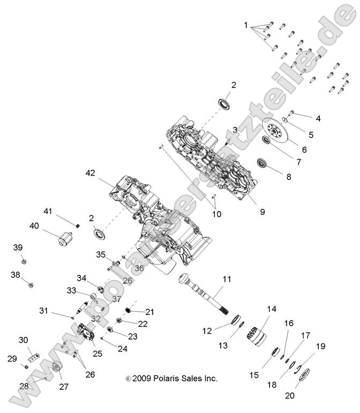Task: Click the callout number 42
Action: point(90,172)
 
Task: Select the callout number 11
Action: point(227,279)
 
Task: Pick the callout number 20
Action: point(290,396)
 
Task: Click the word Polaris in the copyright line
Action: point(160,378)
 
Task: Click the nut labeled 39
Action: point(24,261)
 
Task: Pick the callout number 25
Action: point(97,354)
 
